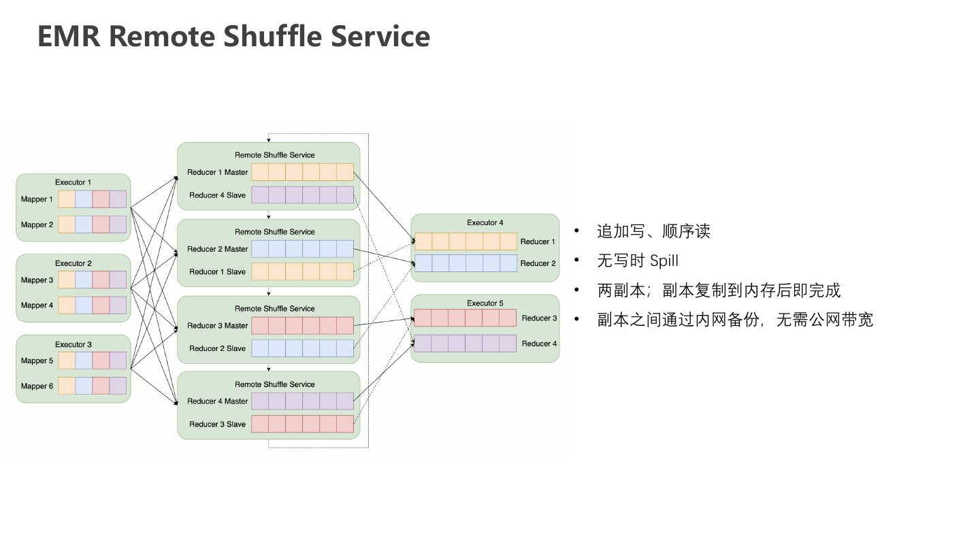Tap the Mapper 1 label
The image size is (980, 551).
tap(37, 199)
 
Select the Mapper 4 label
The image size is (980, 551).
tap(37, 305)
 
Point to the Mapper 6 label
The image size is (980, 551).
tap(37, 386)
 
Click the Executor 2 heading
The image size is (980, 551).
tap(73, 263)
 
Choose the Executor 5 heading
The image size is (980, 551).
tap(485, 303)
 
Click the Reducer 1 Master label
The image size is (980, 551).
tap(218, 172)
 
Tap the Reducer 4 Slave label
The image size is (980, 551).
tap(218, 195)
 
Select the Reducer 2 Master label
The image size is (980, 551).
tap(218, 249)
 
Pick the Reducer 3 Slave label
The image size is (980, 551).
tap(218, 424)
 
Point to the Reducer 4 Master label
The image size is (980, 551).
tap(218, 401)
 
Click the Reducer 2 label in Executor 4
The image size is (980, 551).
tap(538, 263)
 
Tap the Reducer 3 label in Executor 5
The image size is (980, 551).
tap(539, 318)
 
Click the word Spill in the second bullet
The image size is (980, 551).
tap(664, 261)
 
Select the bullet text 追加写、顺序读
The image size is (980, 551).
tap(653, 231)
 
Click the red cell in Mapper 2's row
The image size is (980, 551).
tap(101, 224)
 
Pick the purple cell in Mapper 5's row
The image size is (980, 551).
tap(118, 361)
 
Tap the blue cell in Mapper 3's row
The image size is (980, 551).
tap(84, 280)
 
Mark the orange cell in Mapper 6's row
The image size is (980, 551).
tap(67, 386)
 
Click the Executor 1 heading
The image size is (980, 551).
tap(73, 182)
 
